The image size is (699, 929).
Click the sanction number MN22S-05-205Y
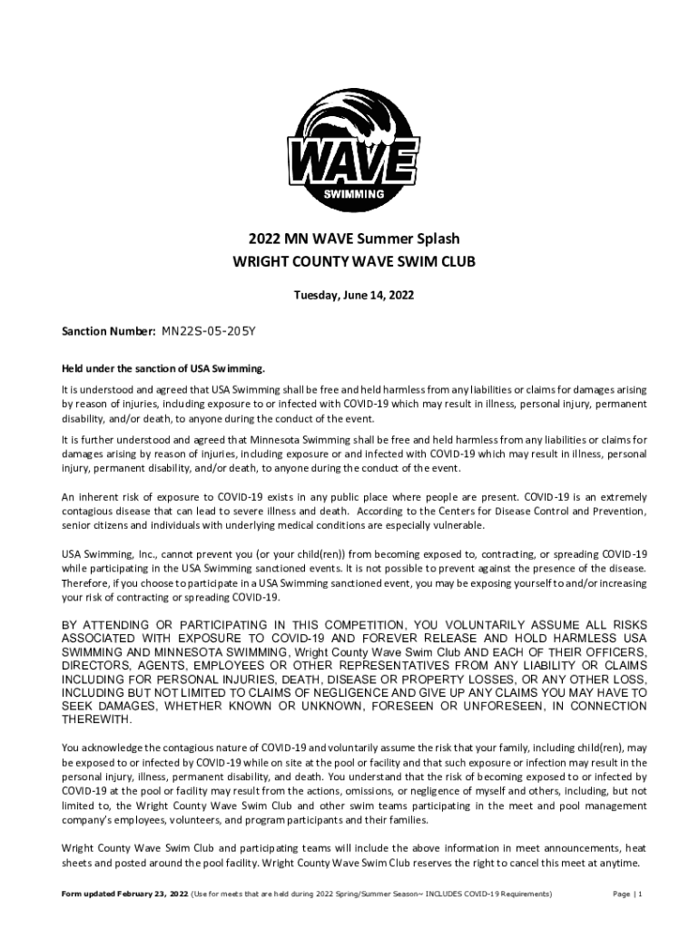(x=209, y=332)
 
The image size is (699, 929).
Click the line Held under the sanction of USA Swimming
(x=163, y=368)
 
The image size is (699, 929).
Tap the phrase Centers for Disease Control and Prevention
(x=550, y=512)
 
